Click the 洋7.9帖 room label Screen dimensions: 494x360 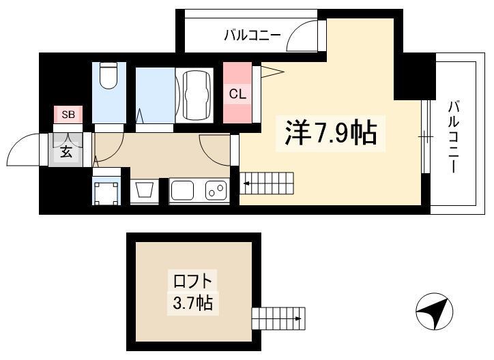tap(330, 133)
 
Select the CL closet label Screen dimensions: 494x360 tap(237, 94)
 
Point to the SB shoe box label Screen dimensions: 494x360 tap(68, 115)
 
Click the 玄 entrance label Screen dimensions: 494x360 tap(66, 152)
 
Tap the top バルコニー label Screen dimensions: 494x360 tap(252, 35)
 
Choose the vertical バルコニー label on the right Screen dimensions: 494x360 tap(453, 136)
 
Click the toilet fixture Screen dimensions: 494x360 tap(108, 76)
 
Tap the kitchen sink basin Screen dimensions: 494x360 tap(182, 190)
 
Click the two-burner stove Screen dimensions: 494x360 tap(216, 190)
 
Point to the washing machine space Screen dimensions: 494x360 tap(106, 192)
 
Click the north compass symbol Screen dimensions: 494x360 tap(434, 312)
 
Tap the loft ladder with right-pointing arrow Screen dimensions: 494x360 tap(278, 318)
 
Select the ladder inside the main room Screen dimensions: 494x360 tap(267, 183)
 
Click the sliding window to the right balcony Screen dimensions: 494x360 tap(426, 137)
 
